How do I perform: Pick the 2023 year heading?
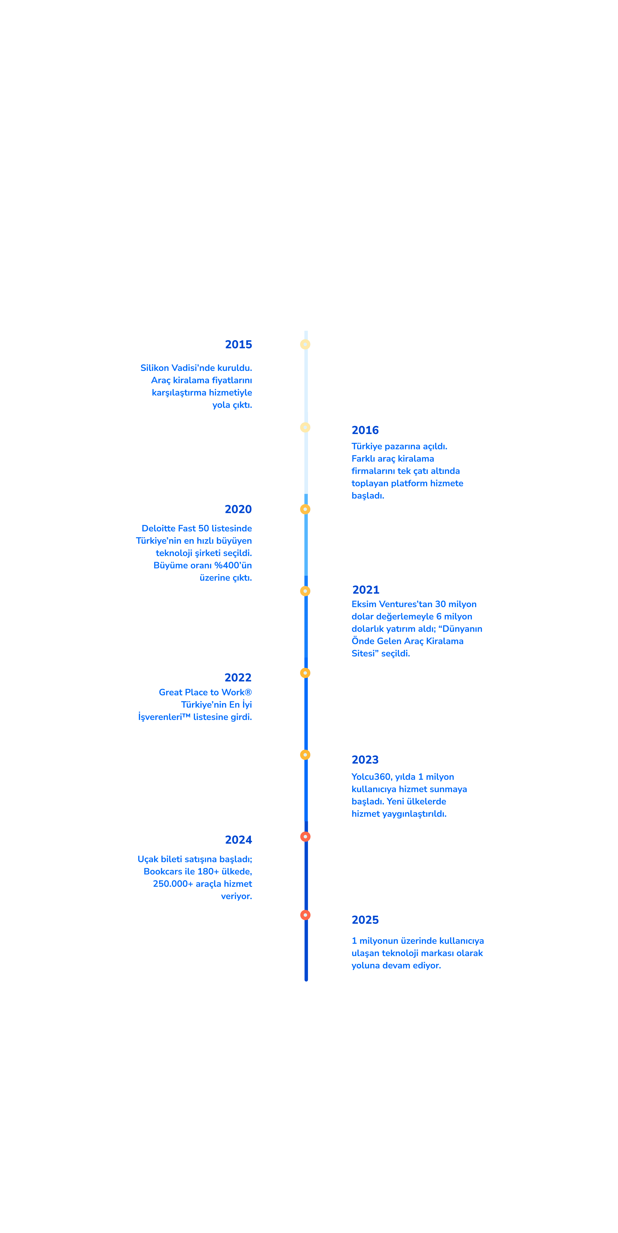click(365, 760)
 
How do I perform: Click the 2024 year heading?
click(238, 840)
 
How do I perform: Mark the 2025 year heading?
click(365, 919)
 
